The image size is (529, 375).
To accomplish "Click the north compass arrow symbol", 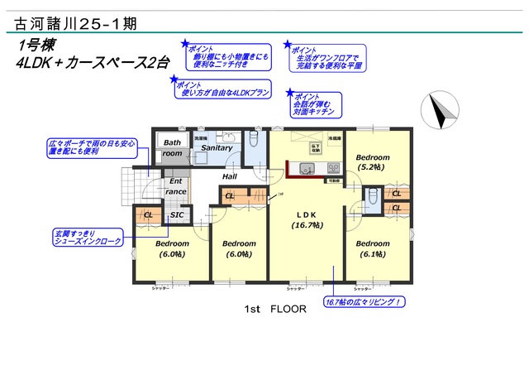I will (x=440, y=111).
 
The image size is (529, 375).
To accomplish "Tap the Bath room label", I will (x=171, y=147).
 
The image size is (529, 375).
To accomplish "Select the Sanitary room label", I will (x=217, y=147).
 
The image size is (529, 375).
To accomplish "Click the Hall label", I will (x=230, y=176).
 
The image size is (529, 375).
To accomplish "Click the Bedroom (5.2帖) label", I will (x=372, y=161).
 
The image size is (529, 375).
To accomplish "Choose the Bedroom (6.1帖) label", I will (x=372, y=249).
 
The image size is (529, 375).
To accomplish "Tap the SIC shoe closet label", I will (x=176, y=215).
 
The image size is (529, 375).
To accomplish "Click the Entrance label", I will (x=176, y=186).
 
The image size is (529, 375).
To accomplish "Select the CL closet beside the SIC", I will (x=148, y=215).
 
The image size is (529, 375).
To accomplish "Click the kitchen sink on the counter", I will (x=307, y=169).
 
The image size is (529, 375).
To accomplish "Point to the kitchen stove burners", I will (x=326, y=169).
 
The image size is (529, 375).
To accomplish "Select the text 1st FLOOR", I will (x=275, y=309).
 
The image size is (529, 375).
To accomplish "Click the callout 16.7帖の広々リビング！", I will (x=364, y=302).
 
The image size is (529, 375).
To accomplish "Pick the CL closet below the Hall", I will (x=229, y=196).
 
